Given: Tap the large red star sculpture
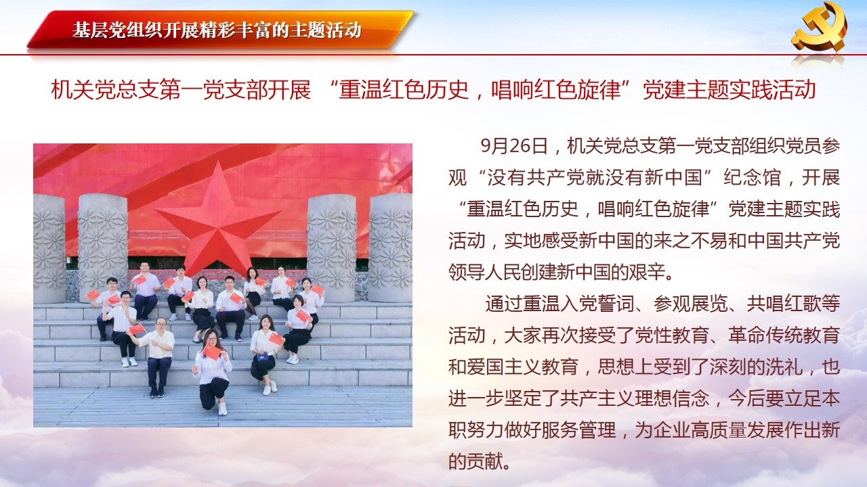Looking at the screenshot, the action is click(x=218, y=218).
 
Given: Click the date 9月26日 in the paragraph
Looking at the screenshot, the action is click(x=514, y=147).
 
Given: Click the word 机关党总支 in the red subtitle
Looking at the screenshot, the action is click(x=104, y=90).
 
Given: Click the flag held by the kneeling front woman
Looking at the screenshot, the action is click(x=212, y=351).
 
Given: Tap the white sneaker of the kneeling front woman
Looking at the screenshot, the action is click(x=222, y=409).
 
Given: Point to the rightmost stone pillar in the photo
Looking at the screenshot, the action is click(x=391, y=248).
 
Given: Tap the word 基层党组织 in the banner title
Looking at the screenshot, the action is click(x=116, y=30).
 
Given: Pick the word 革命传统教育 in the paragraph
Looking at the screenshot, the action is click(x=784, y=335).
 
